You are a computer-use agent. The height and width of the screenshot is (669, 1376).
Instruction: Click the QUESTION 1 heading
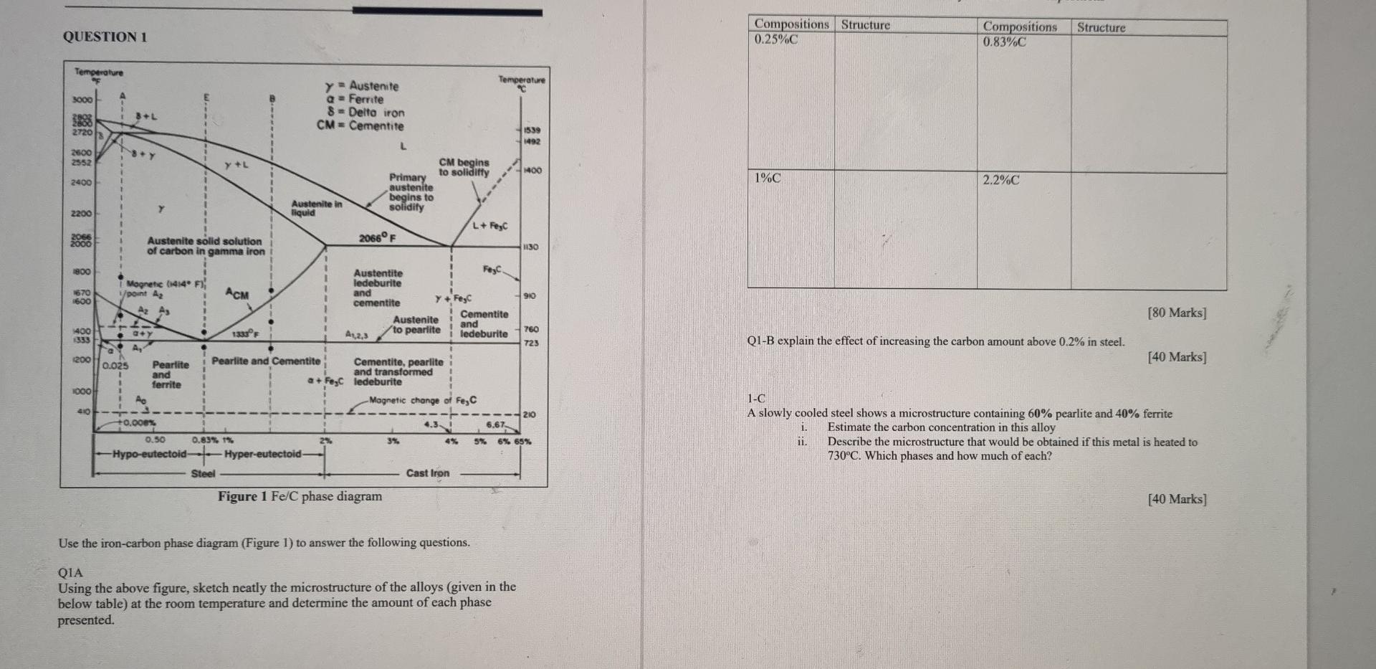(105, 37)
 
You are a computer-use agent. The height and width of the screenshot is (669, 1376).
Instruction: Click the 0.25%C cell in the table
(776, 39)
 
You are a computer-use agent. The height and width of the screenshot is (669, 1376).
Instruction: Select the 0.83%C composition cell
(1004, 42)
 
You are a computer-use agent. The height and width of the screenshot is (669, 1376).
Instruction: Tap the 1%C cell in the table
(768, 178)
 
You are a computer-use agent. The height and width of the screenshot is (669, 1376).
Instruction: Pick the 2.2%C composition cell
(1001, 180)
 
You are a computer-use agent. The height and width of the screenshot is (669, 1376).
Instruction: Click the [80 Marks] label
(1176, 313)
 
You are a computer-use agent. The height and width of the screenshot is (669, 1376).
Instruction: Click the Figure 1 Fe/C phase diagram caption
(300, 496)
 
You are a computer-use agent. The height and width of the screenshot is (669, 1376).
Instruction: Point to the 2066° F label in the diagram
(378, 237)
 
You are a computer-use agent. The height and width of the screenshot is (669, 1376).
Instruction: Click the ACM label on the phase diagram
(237, 294)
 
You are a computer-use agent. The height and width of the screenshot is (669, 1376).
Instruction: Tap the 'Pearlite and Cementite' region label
(266, 361)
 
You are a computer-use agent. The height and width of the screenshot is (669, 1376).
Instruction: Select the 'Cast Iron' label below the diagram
(428, 473)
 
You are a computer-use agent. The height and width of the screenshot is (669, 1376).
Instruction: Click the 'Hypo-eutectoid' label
(149, 454)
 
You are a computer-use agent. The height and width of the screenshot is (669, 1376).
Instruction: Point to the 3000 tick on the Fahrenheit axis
(82, 100)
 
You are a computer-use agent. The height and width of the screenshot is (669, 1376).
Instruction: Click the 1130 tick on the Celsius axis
(530, 247)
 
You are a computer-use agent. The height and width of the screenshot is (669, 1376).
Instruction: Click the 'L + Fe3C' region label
(489, 226)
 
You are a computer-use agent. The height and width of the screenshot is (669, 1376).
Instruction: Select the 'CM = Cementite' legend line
(360, 126)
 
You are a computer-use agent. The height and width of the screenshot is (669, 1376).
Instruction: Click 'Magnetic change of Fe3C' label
(423, 400)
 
